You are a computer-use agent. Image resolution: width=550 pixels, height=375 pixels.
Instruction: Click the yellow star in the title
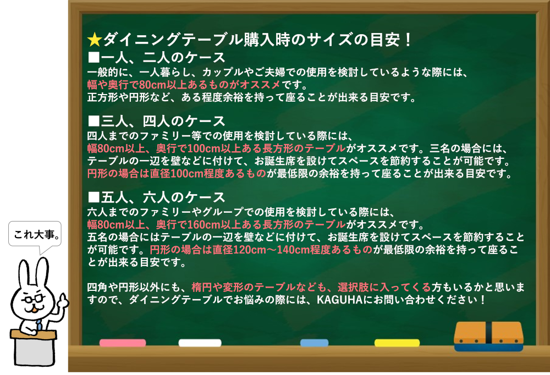tap(95, 40)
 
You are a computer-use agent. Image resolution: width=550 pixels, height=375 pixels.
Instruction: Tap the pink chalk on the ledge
tap(123, 343)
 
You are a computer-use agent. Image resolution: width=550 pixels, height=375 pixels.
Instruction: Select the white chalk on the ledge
tap(200, 343)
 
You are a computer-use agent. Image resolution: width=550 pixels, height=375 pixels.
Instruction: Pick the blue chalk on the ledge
tap(314, 343)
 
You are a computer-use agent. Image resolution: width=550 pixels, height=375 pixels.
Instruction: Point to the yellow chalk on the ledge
tap(397, 343)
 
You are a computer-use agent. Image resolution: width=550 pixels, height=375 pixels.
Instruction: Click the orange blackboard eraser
tap(488, 337)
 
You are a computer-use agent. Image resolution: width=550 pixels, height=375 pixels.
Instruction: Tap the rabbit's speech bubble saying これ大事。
tap(35, 234)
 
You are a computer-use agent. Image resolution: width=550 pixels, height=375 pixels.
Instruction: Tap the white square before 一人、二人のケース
tap(94, 57)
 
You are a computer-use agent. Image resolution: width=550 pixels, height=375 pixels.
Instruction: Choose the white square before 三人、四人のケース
tap(94, 121)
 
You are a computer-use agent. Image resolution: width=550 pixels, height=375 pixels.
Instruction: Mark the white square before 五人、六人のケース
tap(94, 197)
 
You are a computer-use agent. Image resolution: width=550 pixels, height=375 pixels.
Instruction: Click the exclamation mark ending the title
tap(407, 40)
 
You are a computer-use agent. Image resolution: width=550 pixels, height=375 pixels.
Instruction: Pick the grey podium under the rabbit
tap(34, 348)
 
